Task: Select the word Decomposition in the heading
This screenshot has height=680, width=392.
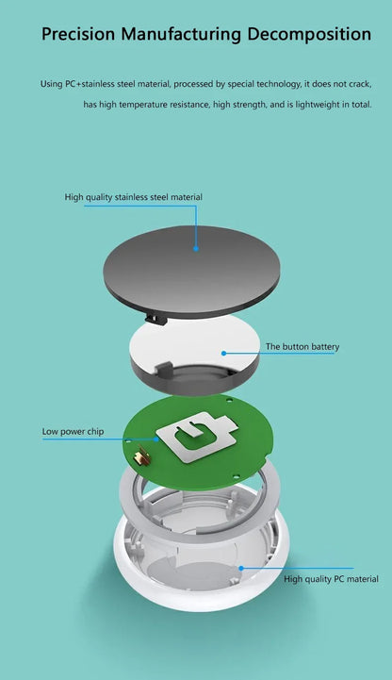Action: point(309,35)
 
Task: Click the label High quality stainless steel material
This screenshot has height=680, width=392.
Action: point(133,197)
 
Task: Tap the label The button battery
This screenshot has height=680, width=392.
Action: point(302,347)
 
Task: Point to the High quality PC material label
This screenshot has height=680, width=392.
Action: point(331,578)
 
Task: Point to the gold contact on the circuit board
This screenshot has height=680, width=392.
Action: point(141,459)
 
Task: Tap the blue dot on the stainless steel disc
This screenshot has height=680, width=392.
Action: point(196,249)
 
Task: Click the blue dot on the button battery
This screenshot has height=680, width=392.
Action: point(224,353)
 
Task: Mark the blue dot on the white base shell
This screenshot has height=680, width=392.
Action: point(241,568)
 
